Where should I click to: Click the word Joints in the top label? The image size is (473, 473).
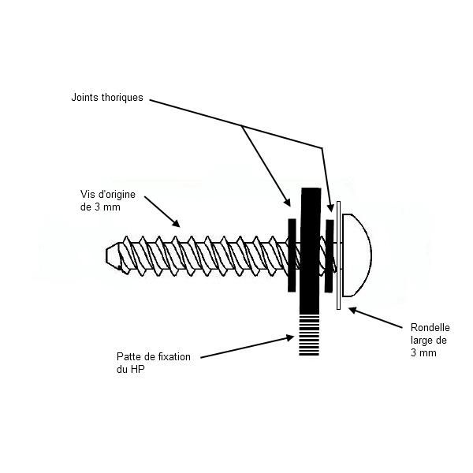85,98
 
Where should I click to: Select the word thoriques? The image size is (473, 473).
122,98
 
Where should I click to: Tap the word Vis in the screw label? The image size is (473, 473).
86,194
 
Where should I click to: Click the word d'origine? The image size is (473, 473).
115,195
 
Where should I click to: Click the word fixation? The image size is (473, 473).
173,356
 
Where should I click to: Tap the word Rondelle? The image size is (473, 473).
430,328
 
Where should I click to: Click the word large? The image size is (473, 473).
421,341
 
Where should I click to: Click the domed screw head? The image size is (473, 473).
357,255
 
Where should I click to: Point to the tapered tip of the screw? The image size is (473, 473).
112,255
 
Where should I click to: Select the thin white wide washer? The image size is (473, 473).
339,255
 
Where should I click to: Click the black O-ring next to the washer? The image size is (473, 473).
329,255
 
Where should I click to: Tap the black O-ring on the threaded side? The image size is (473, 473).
292,255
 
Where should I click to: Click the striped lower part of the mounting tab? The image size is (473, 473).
309,335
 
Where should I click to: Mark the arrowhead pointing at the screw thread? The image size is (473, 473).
176,224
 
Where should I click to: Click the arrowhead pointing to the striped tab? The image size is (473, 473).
289,338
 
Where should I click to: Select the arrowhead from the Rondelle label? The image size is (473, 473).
353,310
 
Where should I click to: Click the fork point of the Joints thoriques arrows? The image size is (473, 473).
241,126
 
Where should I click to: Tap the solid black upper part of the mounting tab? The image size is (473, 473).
310,251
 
